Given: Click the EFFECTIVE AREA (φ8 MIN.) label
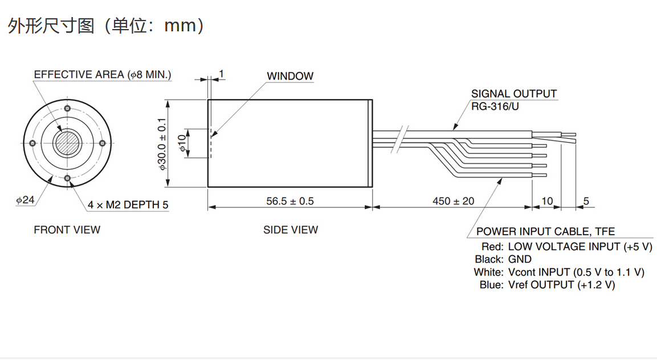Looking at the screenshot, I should pyautogui.click(x=103, y=75).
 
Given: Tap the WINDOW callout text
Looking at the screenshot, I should pyautogui.click(x=290, y=76).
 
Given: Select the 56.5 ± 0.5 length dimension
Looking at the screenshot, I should pyautogui.click(x=290, y=201).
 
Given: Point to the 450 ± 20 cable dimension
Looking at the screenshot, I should pyautogui.click(x=453, y=201).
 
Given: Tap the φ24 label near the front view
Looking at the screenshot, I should pyautogui.click(x=26, y=201).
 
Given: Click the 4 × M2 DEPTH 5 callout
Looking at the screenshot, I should pyautogui.click(x=128, y=205).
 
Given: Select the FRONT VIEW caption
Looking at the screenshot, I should pyautogui.click(x=67, y=230).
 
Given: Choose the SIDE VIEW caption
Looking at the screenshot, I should pyautogui.click(x=291, y=230).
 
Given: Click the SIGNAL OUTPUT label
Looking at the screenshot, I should pyautogui.click(x=514, y=94).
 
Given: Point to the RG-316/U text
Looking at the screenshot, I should pyautogui.click(x=496, y=106).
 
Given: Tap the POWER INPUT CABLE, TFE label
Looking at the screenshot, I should pyautogui.click(x=545, y=232).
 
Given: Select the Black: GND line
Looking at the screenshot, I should pyautogui.click(x=503, y=259).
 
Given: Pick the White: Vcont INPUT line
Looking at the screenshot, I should pyautogui.click(x=558, y=272).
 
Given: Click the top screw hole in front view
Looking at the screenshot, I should pyautogui.click(x=68, y=108).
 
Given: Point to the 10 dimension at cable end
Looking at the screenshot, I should pyautogui.click(x=547, y=201).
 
